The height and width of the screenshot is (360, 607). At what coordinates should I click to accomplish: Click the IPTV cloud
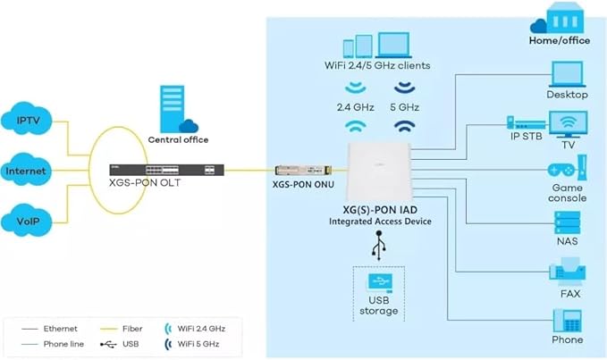27,119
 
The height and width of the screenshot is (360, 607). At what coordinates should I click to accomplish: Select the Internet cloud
26,170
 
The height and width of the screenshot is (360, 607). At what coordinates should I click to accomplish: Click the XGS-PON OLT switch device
166,170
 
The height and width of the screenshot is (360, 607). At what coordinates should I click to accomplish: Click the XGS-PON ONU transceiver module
303,170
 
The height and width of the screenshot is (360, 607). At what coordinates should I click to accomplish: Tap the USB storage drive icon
379,283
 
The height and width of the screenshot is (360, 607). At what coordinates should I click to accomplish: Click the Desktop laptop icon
568,74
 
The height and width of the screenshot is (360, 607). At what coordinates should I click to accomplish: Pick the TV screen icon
568,124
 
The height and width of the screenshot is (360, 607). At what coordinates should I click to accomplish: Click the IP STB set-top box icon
526,123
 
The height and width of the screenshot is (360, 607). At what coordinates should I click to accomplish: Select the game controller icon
561,170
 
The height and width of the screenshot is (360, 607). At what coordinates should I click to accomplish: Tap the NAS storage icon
567,222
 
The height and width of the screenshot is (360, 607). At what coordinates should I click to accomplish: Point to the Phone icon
568,321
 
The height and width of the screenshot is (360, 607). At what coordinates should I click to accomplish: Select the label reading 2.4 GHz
356,107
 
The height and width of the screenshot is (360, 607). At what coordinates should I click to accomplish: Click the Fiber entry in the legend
121,329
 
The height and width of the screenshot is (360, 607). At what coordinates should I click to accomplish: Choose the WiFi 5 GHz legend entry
192,344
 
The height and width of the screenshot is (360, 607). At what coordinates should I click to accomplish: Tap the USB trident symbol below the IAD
379,246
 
